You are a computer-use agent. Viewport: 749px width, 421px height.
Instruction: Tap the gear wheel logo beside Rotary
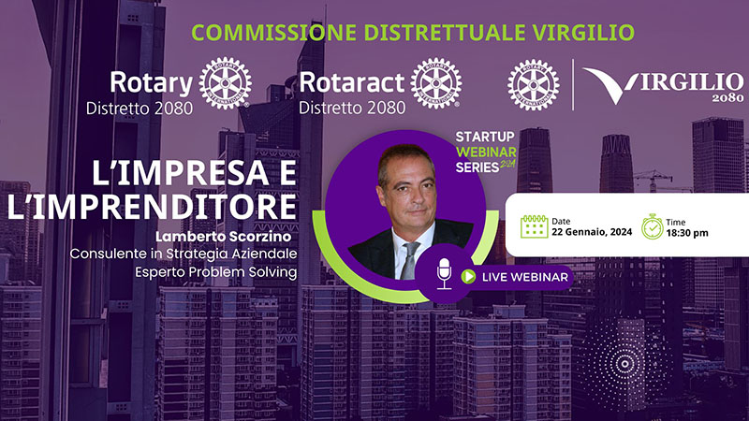[226, 83]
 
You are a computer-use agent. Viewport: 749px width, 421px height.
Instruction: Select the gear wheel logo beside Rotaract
[436, 83]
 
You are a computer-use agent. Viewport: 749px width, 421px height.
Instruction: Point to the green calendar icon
[534, 225]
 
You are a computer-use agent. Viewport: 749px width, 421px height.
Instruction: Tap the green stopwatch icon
[652, 226]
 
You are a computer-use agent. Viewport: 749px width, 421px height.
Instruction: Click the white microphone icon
[444, 273]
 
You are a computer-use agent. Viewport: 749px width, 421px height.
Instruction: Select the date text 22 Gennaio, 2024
[592, 232]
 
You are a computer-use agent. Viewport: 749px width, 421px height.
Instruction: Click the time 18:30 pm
[687, 233]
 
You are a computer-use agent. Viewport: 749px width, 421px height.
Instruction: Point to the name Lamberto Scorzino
[223, 237]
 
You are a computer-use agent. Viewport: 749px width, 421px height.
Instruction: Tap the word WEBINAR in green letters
[486, 152]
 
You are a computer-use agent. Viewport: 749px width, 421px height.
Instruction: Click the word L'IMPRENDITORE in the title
[152, 206]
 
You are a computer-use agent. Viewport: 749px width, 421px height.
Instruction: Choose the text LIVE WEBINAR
[525, 277]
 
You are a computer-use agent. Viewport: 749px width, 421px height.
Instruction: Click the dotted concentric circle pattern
[624, 364]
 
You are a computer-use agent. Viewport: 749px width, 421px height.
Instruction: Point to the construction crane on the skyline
[654, 180]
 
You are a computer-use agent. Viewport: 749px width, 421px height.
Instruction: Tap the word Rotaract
[352, 82]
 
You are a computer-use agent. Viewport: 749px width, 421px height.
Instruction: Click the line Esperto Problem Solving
[216, 272]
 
